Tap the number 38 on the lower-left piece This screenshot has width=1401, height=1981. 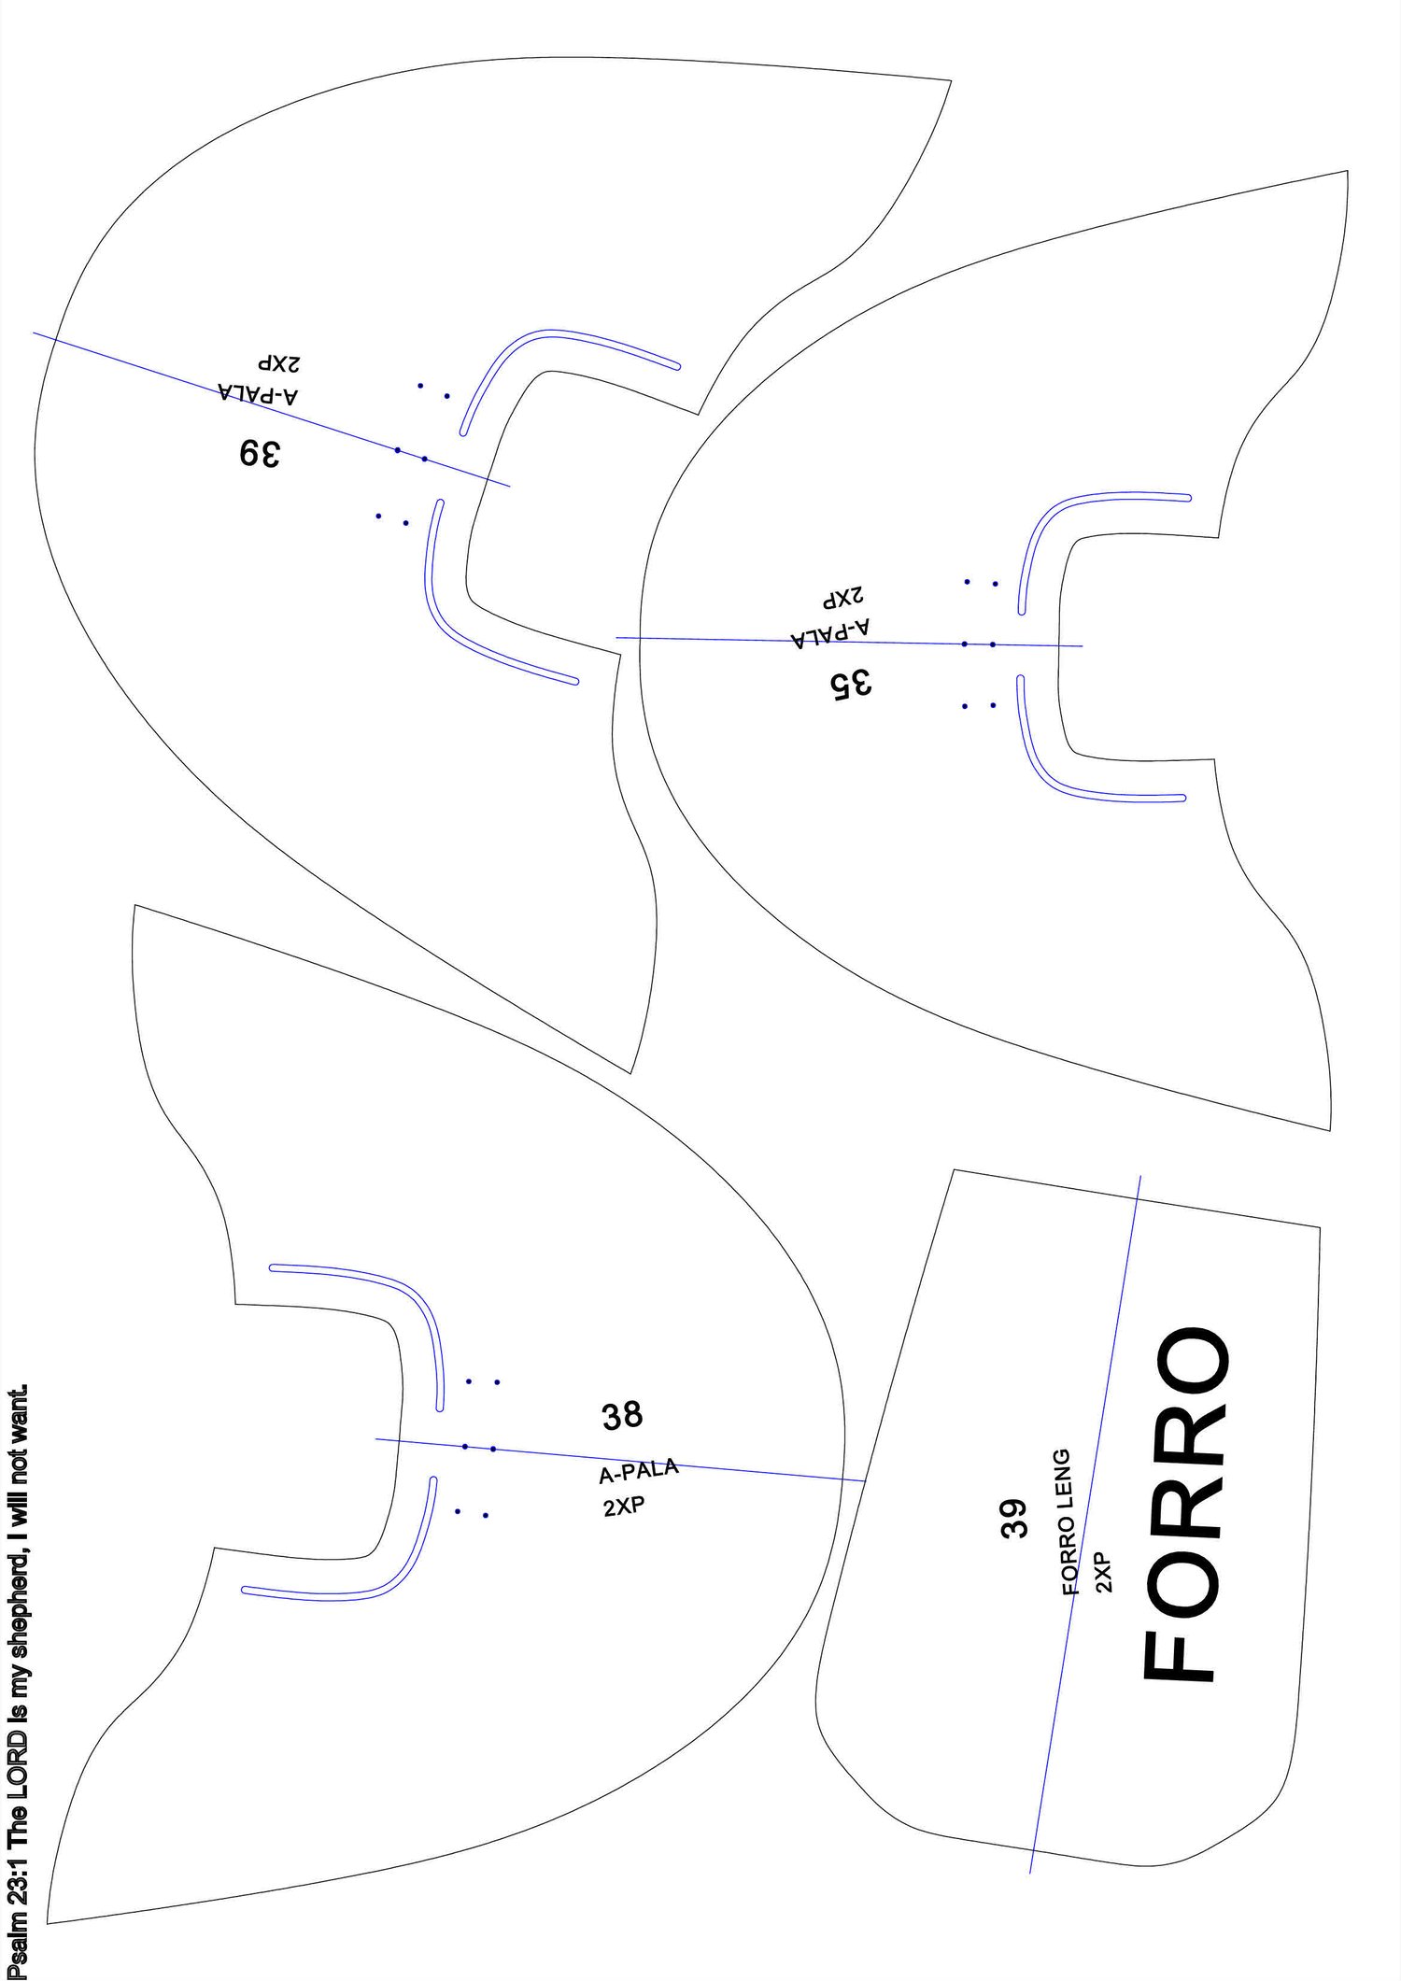[622, 1416]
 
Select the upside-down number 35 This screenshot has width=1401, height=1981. [850, 684]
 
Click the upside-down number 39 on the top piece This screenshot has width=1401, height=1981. [259, 453]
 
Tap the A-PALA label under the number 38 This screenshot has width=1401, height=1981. [639, 1472]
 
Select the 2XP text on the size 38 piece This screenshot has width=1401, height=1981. [624, 1507]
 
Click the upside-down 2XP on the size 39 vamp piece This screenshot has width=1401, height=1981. [279, 363]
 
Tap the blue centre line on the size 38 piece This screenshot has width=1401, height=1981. [620, 1459]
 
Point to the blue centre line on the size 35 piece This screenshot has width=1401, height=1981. [849, 642]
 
